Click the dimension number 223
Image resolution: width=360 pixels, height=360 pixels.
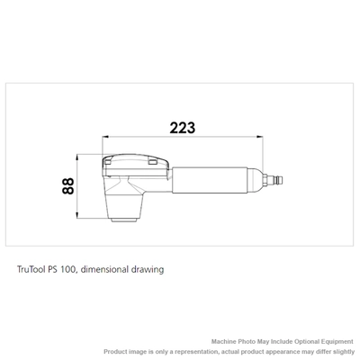[182, 128]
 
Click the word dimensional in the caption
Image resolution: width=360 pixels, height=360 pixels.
[111, 268]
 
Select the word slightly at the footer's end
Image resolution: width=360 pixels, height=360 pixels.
[339, 351]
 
